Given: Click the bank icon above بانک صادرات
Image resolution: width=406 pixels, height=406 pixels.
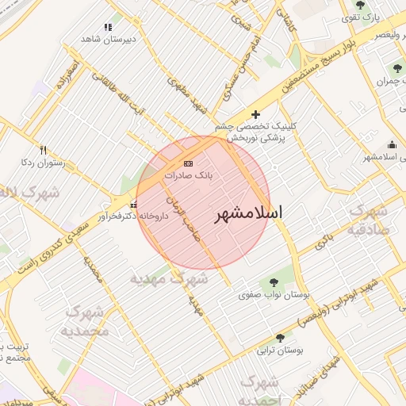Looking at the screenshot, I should coord(188,163).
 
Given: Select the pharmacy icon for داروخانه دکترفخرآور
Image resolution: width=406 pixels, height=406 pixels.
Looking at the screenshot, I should coord(132,206).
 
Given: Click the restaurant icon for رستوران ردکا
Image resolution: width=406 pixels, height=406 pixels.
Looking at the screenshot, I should coord(43,150).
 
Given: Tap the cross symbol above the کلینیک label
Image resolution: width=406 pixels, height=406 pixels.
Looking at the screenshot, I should coord(255,114).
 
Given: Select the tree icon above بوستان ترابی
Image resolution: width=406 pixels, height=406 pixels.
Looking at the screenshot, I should coord(273,335).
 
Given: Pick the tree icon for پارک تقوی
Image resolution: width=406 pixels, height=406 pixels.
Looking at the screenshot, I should coord(360,6).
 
